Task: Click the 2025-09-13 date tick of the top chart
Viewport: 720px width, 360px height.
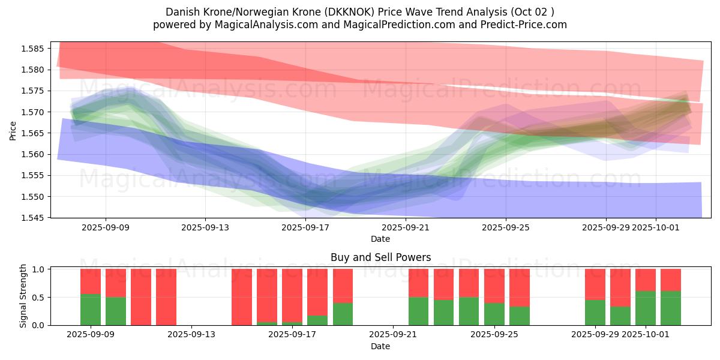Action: point(205,227)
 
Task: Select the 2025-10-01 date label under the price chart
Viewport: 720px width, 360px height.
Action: point(655,227)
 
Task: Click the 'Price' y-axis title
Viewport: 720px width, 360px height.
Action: point(13,130)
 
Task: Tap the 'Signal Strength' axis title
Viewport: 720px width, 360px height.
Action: point(23,296)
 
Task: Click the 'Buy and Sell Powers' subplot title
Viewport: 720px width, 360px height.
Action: point(380,257)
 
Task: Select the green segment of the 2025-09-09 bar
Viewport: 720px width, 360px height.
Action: point(91,310)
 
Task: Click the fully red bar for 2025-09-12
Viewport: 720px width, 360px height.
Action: point(166,297)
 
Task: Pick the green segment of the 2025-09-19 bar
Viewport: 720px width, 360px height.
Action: point(343,314)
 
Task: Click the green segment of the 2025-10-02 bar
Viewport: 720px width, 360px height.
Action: point(671,308)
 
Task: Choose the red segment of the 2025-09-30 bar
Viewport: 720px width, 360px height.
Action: point(620,287)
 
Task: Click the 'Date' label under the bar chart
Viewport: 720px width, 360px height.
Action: point(380,346)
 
